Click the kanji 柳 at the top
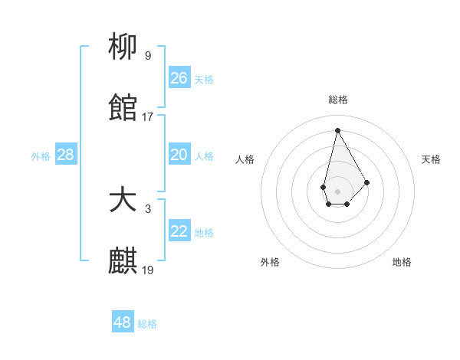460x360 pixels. [x=123, y=47]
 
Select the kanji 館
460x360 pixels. [x=123, y=110]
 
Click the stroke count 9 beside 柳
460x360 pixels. [x=148, y=55]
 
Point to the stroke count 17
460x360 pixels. [x=148, y=117]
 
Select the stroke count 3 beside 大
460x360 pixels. [x=148, y=208]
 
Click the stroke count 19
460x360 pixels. [x=148, y=270]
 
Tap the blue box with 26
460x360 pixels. [x=179, y=78]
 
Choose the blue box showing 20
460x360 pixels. [x=179, y=155]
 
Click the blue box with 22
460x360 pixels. [x=179, y=231]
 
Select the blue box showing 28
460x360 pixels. [x=66, y=155]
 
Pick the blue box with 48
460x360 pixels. [x=123, y=322]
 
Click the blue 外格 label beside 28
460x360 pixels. [x=41, y=156]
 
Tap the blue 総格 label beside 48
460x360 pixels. [x=147, y=324]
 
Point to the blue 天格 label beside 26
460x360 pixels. [x=204, y=80]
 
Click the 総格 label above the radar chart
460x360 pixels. [x=337, y=100]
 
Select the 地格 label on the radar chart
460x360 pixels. [x=402, y=262]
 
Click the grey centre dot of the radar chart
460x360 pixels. [x=337, y=190]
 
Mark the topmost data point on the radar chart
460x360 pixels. [x=337, y=130]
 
